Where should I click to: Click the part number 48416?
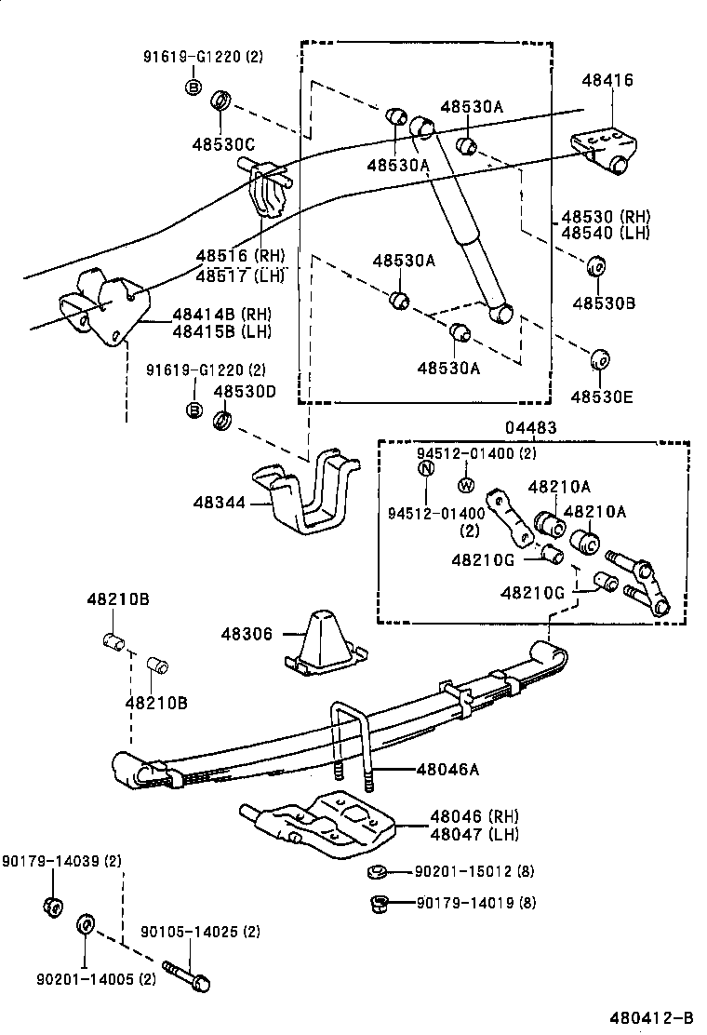tap(608, 81)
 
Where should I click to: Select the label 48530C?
tap(224, 143)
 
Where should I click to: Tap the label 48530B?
tap(603, 302)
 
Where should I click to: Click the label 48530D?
tap(246, 392)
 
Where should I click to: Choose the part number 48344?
tap(220, 503)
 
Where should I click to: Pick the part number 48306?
tap(247, 634)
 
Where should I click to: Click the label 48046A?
tap(447, 769)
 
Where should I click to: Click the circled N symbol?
tap(425, 468)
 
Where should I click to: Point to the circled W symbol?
tap(466, 485)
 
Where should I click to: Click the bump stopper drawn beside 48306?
tap(324, 641)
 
